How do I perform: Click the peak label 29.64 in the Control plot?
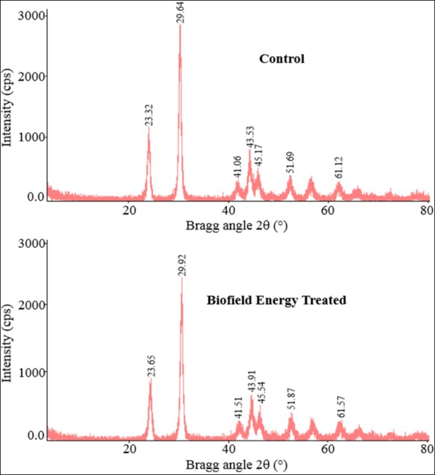pos(180,12)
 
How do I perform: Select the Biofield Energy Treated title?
pos(276,300)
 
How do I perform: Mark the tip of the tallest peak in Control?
pos(180,25)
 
